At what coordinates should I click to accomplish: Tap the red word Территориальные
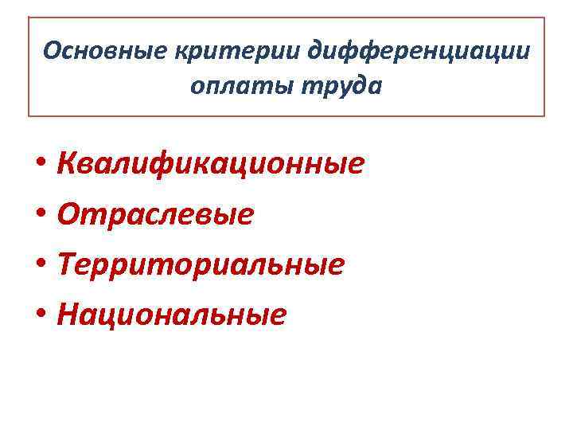202,265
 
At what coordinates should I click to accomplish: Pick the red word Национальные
172,315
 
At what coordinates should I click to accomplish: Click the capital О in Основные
52,51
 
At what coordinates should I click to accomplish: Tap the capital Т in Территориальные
68,265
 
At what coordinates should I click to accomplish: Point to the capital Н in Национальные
69,315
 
